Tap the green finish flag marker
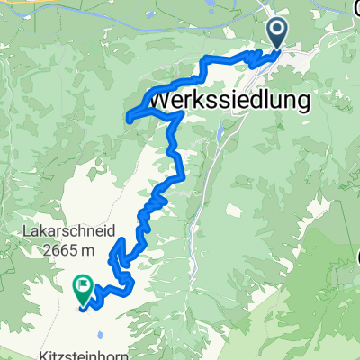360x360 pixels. click(83, 291)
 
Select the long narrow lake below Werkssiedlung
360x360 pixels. click(220, 133)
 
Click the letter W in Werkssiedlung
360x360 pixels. click(168, 97)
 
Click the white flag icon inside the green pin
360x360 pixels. click(83, 288)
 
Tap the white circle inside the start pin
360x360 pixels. click(276, 31)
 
